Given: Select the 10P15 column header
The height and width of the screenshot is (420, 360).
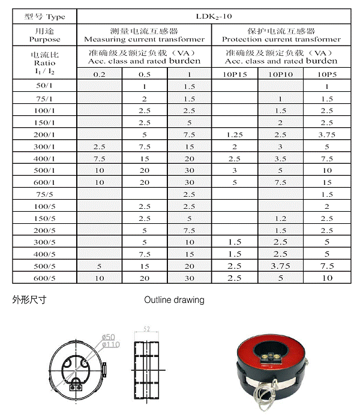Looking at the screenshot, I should (235, 74).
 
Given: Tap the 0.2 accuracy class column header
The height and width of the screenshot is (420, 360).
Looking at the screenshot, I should (100, 74).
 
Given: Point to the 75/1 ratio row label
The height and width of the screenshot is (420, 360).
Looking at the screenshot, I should (45, 98).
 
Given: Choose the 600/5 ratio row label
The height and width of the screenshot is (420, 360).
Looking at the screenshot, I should (45, 278).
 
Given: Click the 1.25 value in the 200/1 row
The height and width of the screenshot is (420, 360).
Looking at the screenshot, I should (235, 134).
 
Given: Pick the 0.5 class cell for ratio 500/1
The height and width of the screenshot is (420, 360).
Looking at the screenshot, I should (145, 170).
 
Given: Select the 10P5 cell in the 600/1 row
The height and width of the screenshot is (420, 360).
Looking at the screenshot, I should (326, 182).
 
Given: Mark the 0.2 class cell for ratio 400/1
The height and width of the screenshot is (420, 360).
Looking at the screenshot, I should (100, 158).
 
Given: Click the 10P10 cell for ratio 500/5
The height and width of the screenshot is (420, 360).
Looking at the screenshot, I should (280, 266).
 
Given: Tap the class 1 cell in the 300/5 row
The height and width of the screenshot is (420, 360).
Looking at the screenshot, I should (190, 242).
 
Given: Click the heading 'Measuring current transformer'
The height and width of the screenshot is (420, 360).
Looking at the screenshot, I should (145, 40).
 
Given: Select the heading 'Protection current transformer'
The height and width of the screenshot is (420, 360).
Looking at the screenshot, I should (281, 40).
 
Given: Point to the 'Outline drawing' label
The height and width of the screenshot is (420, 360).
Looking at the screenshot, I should (174, 299).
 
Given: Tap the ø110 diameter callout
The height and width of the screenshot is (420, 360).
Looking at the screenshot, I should (112, 344).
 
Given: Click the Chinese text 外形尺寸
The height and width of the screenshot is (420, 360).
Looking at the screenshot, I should (29, 299).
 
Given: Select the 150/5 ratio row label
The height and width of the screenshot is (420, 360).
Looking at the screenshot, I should (45, 218).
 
